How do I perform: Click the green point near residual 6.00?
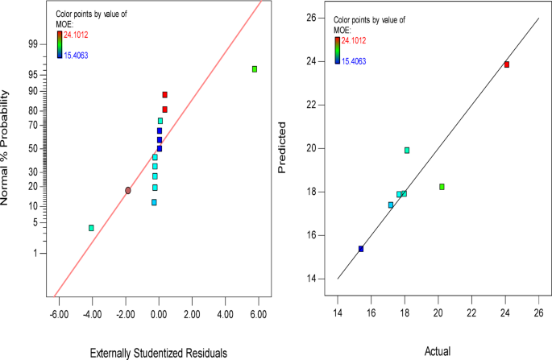point(255,69)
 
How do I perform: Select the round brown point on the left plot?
point(128,190)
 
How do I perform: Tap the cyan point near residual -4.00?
point(91,228)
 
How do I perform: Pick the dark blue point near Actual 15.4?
point(361,249)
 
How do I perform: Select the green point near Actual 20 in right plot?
point(442,187)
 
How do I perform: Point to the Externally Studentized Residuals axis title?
point(158,351)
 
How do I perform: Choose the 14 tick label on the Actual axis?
point(338,312)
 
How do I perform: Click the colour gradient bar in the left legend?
point(59,45)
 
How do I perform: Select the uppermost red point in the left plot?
point(164,95)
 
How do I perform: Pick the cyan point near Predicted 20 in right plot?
point(407,150)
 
